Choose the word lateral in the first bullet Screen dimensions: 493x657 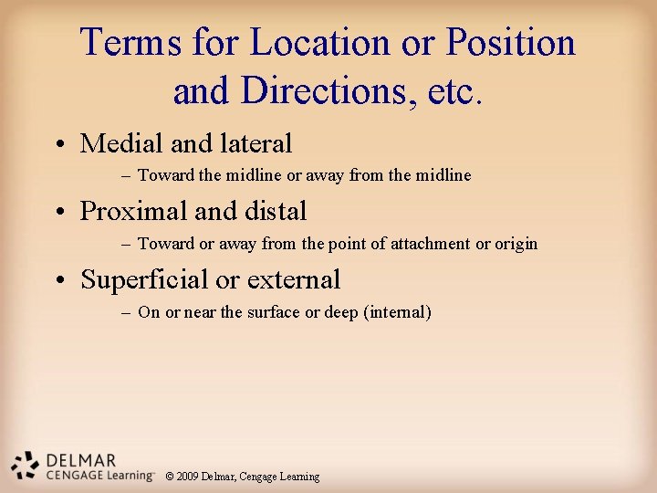256,143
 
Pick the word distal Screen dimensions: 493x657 274,212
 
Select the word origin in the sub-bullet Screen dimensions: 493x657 516,244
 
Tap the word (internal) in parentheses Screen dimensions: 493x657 397,312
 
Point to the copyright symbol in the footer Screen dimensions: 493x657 170,477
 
